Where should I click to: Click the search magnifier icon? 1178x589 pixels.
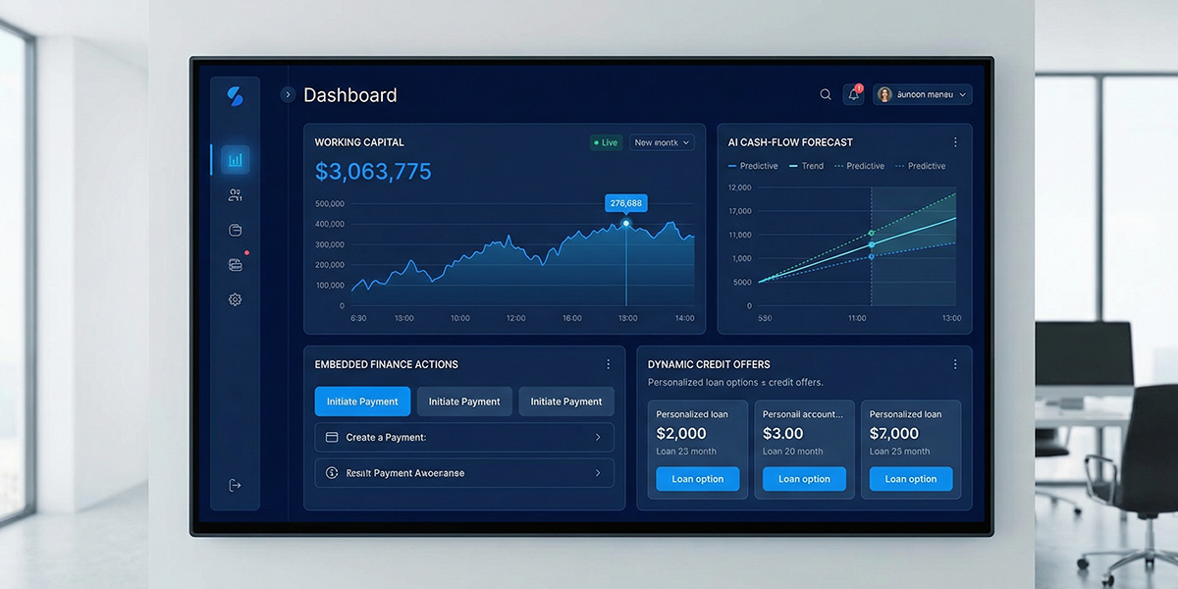pyautogui.click(x=826, y=94)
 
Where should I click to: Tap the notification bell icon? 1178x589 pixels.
pyautogui.click(x=853, y=94)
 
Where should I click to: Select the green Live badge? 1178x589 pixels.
pyautogui.click(x=605, y=142)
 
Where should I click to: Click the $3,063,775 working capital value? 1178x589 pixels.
pyautogui.click(x=373, y=172)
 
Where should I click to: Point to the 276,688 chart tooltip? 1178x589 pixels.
pyautogui.click(x=626, y=203)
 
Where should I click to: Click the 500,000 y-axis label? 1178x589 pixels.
pyautogui.click(x=330, y=204)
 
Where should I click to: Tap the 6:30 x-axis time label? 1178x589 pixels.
pyautogui.click(x=358, y=318)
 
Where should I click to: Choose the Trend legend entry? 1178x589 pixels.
pyautogui.click(x=806, y=166)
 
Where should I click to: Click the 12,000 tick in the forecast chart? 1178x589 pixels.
pyautogui.click(x=739, y=187)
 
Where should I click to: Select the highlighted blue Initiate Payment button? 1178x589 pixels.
pyautogui.click(x=362, y=402)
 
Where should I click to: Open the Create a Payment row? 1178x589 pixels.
pyautogui.click(x=464, y=437)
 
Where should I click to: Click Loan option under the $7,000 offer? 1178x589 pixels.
pyautogui.click(x=910, y=479)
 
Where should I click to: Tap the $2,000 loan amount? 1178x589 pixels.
pyautogui.click(x=681, y=433)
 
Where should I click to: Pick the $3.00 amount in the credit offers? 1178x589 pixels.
pyautogui.click(x=783, y=433)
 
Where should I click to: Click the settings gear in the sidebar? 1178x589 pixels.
pyautogui.click(x=235, y=299)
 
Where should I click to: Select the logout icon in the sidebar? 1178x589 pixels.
pyautogui.click(x=235, y=485)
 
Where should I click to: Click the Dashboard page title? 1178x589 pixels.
pyautogui.click(x=350, y=95)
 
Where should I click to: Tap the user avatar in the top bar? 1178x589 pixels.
pyautogui.click(x=884, y=94)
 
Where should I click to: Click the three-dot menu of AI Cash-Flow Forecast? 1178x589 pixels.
pyautogui.click(x=955, y=142)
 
